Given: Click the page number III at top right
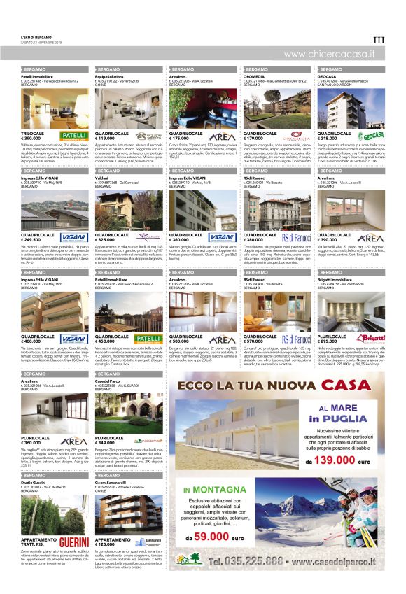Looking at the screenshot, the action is (379, 41).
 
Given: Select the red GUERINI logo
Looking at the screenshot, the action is (74, 542).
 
